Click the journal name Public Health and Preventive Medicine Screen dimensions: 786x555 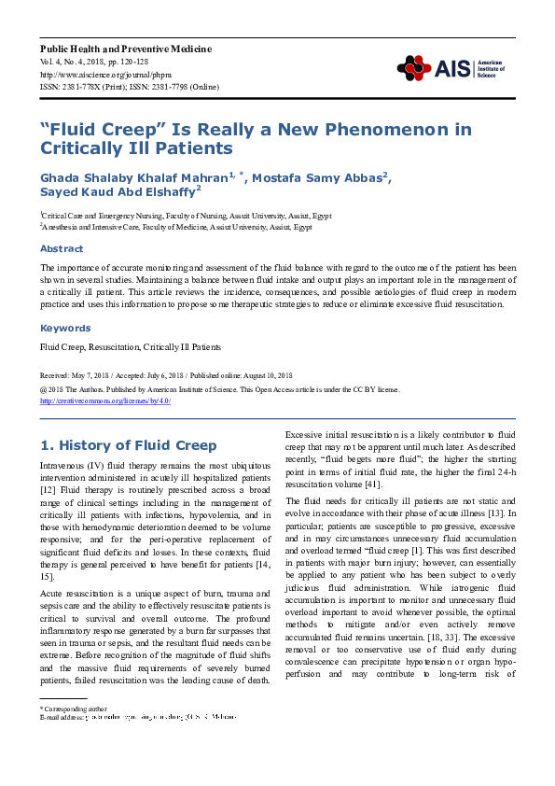[x=125, y=49]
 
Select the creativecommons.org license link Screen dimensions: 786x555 [x=105, y=400]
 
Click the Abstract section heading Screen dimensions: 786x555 [x=62, y=249]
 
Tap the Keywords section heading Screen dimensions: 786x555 [x=64, y=329]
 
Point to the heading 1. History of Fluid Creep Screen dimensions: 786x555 [x=129, y=445]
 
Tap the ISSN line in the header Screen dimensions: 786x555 [x=129, y=86]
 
